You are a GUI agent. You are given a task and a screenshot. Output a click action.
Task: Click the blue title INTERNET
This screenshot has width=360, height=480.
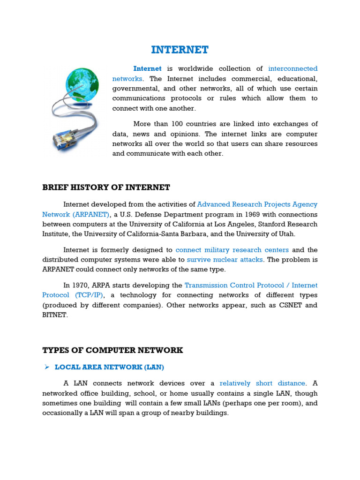click(x=180, y=50)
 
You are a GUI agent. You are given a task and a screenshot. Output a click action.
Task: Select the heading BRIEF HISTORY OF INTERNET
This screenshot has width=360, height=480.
click(x=106, y=187)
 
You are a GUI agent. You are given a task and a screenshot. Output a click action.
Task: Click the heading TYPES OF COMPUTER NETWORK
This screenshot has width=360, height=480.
click(x=112, y=350)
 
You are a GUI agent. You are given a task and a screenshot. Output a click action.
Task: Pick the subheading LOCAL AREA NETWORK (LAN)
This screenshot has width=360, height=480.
click(x=109, y=367)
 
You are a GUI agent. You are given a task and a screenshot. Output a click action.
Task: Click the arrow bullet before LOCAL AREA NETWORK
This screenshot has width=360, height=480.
click(x=47, y=367)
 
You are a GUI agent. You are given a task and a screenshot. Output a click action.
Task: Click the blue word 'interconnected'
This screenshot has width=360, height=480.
click(x=293, y=68)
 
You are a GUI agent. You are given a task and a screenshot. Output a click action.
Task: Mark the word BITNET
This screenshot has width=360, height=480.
click(x=54, y=315)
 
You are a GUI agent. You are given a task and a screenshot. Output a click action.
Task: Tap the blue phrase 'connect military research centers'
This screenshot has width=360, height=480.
click(x=232, y=250)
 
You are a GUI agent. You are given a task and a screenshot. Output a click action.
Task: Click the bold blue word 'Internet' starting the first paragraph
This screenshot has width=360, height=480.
click(x=147, y=68)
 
